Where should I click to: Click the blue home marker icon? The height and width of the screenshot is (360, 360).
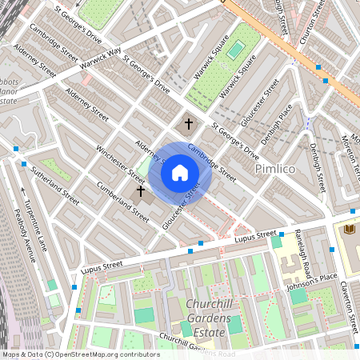coord(180,172)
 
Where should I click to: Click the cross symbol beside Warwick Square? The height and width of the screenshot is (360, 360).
coord(189,124)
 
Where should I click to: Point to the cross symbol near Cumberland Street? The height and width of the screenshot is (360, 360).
coord(141,191)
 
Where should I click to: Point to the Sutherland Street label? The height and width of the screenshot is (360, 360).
coord(55,185)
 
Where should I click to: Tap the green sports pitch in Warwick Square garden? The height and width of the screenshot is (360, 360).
coord(234,50)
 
